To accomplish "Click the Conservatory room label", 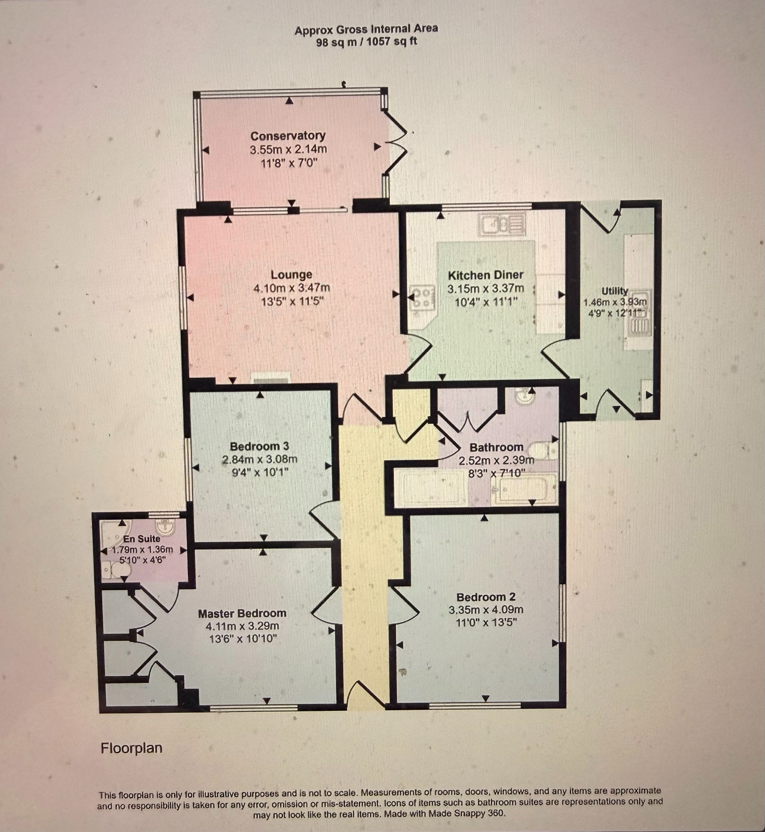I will [288, 136].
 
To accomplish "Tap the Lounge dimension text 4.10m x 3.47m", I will [291, 287].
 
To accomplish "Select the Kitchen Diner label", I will [486, 275].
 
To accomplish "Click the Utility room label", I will [615, 291].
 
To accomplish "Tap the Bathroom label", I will [496, 447].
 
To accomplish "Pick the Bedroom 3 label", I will [259, 446].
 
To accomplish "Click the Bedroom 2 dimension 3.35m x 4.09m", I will [486, 610].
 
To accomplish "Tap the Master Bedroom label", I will [242, 614].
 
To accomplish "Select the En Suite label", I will [141, 539].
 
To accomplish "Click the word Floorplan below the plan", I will [131, 748].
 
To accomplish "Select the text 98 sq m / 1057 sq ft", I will [366, 42].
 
